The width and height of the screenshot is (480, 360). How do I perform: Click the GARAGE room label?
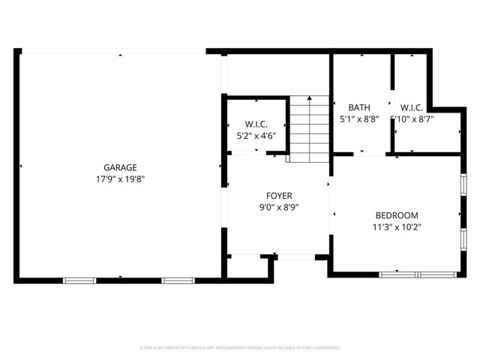click(x=120, y=167)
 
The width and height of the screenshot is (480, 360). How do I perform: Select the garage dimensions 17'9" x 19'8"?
click(x=120, y=179)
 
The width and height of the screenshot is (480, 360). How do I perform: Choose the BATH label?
click(x=359, y=107)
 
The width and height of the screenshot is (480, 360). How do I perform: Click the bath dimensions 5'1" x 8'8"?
click(x=359, y=118)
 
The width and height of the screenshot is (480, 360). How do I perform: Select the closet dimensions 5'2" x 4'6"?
click(x=256, y=136)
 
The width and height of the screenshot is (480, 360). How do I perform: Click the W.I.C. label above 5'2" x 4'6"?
click(x=256, y=124)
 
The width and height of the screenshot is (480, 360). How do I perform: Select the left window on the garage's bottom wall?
click(x=79, y=280)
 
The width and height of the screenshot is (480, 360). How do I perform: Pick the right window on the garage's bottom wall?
click(x=178, y=280)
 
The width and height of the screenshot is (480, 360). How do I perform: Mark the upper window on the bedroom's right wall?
click(x=463, y=184)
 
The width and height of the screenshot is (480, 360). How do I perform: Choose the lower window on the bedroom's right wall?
click(x=463, y=239)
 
